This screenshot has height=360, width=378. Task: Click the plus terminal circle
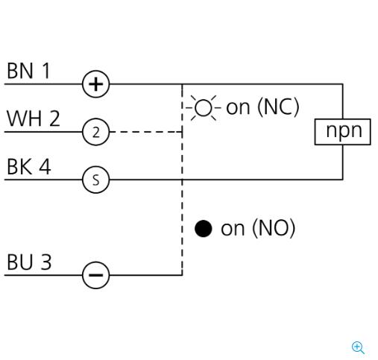95,84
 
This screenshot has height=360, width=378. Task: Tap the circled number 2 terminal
95,132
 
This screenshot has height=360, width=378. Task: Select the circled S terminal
95,180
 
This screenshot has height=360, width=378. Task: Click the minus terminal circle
95,275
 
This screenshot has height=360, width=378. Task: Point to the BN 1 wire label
28,71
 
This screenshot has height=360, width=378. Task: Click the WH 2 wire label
34,119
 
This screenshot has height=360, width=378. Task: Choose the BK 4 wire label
29,166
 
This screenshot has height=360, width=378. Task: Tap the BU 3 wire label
29,262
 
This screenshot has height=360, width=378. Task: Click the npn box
342,132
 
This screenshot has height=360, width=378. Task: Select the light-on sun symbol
204,108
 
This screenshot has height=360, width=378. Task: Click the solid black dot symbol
204,229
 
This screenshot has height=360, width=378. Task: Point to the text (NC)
278,107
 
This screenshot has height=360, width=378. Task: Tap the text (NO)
274,228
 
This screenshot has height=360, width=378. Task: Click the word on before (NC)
238,108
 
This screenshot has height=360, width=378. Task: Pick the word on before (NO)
233,229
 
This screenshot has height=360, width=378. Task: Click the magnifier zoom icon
358,347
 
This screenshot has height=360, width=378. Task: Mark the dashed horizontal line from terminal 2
146,132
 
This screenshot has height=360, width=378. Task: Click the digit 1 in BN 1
46,71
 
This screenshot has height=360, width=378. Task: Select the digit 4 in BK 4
45,166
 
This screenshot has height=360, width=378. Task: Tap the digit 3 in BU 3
46,262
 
